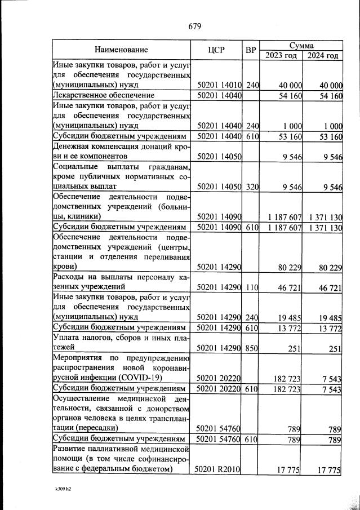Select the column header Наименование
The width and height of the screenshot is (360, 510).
pos(122,50)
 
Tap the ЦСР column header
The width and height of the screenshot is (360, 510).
pos(216,50)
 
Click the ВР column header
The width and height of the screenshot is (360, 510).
pos(251,50)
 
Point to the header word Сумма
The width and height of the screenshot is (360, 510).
pos(301,45)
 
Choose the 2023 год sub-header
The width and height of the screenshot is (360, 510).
pos(281,55)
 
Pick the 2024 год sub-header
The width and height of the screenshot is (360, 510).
pos(323,55)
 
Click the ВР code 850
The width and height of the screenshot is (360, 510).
pos(251,349)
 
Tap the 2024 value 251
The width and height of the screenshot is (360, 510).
pos(336,349)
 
